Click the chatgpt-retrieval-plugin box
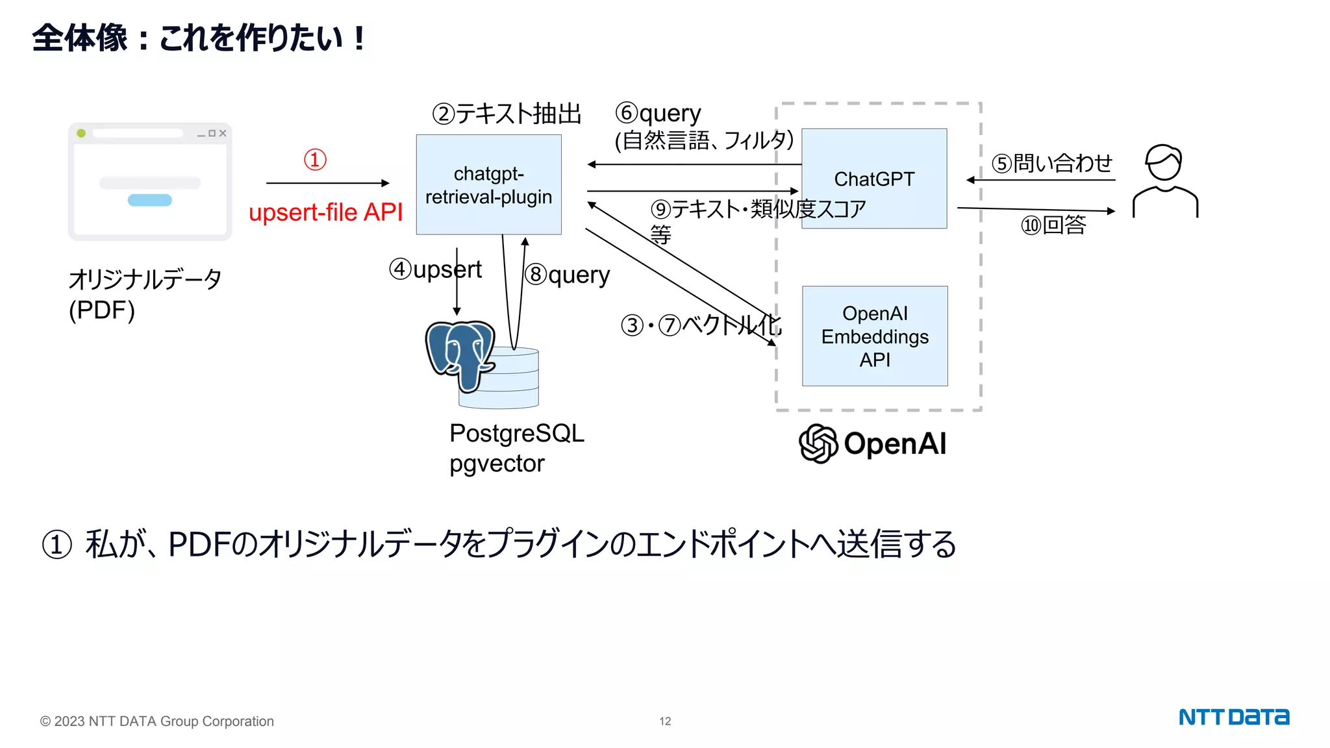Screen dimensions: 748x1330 (x=488, y=184)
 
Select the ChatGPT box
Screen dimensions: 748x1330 (x=874, y=179)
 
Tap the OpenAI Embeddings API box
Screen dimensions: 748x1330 (x=874, y=336)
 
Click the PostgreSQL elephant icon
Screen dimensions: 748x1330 (x=460, y=354)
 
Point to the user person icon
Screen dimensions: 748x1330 (x=1164, y=182)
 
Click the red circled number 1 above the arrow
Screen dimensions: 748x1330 (x=315, y=160)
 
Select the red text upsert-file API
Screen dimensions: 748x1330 (x=325, y=212)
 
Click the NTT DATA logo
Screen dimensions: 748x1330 (x=1233, y=717)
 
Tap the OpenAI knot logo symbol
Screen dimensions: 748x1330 (x=818, y=443)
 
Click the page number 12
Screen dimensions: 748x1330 (x=665, y=721)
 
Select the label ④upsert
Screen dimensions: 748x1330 (x=435, y=269)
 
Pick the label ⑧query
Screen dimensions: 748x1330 (x=567, y=275)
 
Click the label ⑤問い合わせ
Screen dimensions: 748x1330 (x=1051, y=163)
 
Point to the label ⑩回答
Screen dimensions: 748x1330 (x=1053, y=225)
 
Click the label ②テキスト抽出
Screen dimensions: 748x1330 (x=507, y=114)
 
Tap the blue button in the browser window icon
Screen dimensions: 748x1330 (x=149, y=200)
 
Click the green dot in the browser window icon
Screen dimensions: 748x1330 (x=81, y=133)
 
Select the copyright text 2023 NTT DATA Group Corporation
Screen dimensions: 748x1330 (x=157, y=721)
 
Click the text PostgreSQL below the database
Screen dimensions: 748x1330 (x=516, y=433)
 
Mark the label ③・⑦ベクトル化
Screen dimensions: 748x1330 (x=701, y=325)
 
